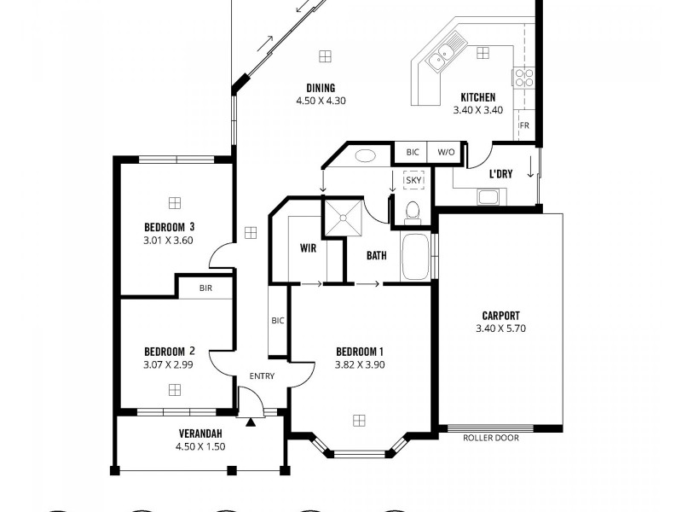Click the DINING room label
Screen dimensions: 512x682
(x=321, y=88)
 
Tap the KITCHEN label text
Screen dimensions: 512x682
(x=477, y=97)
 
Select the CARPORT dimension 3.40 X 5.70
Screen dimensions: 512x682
(x=500, y=328)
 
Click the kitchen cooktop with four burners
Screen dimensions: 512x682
(x=523, y=78)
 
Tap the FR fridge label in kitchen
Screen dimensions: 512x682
(x=524, y=126)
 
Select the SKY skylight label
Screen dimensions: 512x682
(x=413, y=180)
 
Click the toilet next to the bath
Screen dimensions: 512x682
(x=413, y=209)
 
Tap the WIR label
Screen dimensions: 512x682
(x=308, y=249)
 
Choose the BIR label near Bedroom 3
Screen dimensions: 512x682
(x=205, y=288)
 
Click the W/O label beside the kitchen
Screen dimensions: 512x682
(x=446, y=152)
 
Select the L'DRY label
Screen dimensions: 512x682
(x=500, y=174)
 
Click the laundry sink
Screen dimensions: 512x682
(x=488, y=197)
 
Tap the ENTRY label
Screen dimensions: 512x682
(x=262, y=376)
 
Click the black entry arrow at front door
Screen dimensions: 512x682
(x=251, y=421)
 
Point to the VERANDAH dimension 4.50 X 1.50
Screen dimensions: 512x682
(x=201, y=445)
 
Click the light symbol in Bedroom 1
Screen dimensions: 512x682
(x=359, y=420)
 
